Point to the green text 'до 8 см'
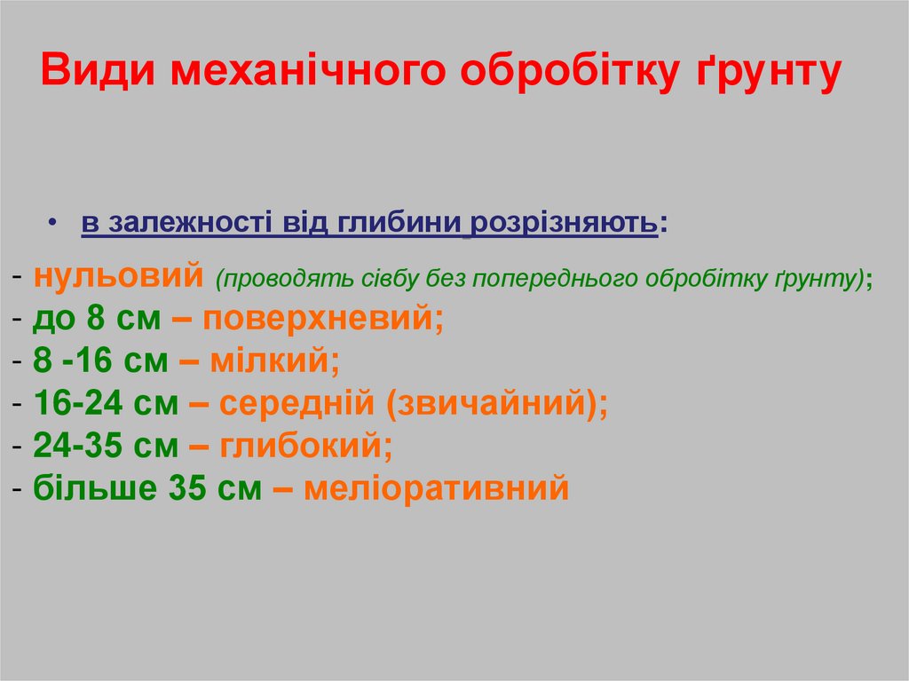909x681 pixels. point(97,319)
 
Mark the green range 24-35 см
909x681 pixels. point(106,446)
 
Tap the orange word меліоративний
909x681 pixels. point(435,488)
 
